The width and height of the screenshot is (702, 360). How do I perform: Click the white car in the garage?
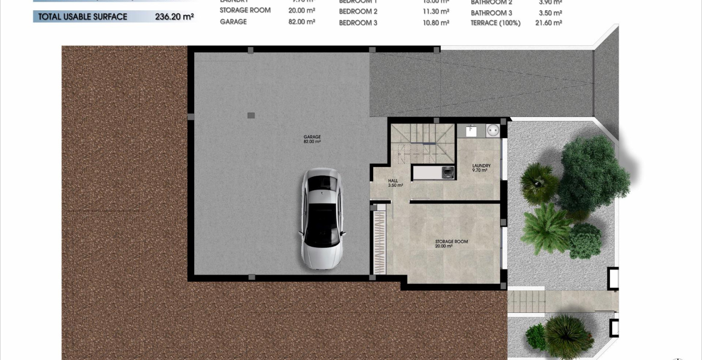click(x=321, y=219)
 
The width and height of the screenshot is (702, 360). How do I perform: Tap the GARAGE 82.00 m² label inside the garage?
click(x=312, y=139)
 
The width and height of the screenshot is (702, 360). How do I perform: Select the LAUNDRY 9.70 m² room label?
click(x=481, y=168)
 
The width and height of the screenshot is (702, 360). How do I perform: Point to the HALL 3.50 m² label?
click(x=394, y=183)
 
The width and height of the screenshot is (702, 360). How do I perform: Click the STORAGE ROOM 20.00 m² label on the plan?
click(x=451, y=244)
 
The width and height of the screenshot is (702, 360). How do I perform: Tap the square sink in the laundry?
click(x=471, y=130)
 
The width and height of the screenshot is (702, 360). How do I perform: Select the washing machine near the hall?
click(x=448, y=172)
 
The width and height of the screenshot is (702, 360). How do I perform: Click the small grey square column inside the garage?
click(x=251, y=115)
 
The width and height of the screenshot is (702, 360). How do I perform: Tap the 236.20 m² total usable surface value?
click(x=174, y=17)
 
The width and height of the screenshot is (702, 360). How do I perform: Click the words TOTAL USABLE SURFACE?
click(x=83, y=17)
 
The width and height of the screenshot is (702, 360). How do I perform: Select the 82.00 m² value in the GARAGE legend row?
click(x=302, y=21)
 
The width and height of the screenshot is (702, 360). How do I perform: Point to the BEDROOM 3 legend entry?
click(x=358, y=23)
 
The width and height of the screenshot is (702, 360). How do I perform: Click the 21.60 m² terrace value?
click(x=548, y=23)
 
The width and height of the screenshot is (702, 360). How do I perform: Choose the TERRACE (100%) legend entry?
click(x=495, y=23)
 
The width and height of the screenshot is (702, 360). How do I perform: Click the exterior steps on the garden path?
click(x=526, y=302)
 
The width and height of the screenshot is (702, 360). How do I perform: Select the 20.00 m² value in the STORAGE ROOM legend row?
click(x=302, y=10)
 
